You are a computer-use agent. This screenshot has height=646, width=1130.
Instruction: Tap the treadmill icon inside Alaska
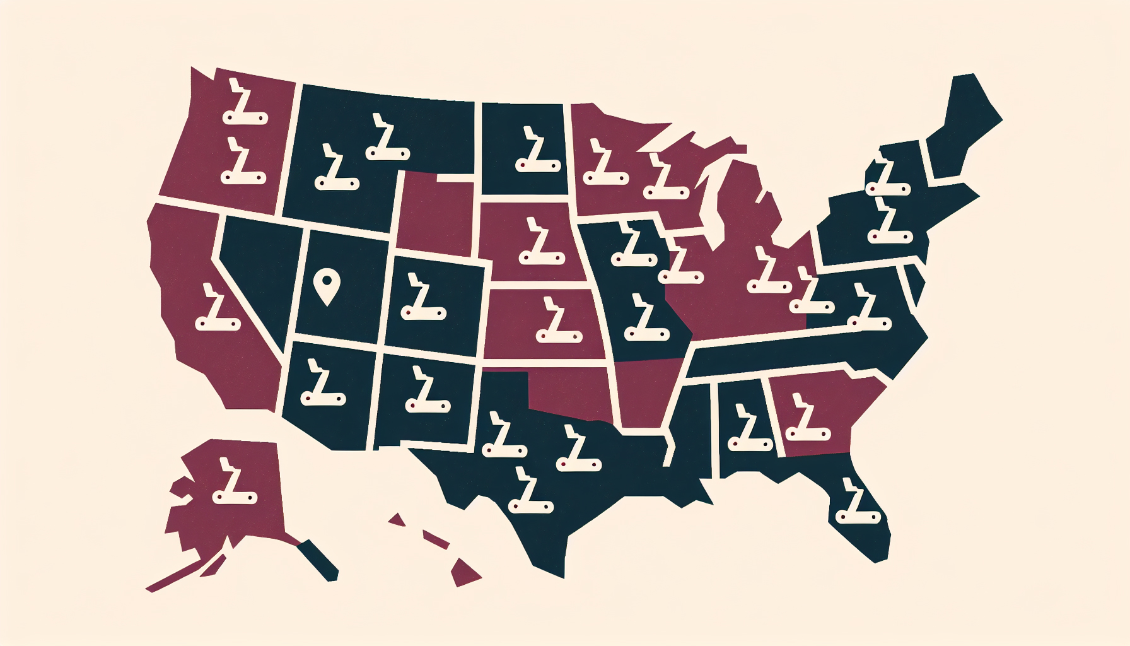(234, 482)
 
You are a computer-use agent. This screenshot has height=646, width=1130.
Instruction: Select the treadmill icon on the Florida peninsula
(857, 502)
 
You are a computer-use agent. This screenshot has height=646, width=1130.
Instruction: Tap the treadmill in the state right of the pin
(423, 297)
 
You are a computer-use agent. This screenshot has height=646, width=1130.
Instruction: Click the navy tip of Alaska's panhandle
(322, 561)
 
